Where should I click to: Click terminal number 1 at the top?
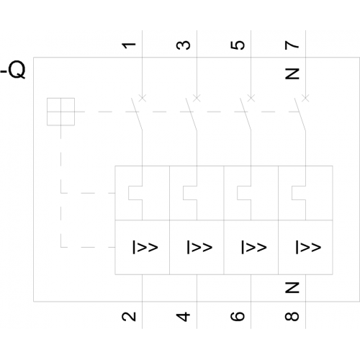pos(129,45)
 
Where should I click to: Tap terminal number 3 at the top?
pos(184,45)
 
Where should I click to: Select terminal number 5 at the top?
pos(238,45)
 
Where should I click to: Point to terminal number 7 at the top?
pos(292,45)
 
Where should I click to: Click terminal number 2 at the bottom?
pos(129,316)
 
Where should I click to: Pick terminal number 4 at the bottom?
pos(183,317)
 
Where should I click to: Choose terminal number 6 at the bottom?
pos(238,316)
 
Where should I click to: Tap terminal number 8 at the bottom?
pos(292,316)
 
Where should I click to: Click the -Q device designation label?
pos(13,70)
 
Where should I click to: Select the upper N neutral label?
pos(292,73)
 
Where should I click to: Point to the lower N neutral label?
pos(292,287)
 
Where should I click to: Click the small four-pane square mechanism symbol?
pos(60,112)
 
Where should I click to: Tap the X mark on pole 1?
pos(143,98)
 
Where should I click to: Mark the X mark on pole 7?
pos(305,98)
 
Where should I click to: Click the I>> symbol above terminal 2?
pos(145,247)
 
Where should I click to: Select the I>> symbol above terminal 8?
pos(308,247)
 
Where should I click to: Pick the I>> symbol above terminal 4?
pos(199,247)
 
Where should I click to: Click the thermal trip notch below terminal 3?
pos(184,193)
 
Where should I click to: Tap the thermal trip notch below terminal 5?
pos(238,193)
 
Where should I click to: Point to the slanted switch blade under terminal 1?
pos(137,114)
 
